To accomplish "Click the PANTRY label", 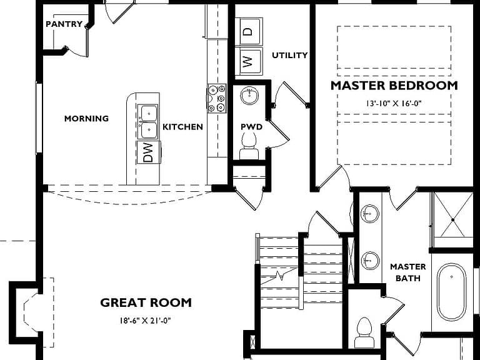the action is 64,24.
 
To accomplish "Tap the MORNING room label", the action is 86,119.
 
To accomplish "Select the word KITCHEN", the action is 182,127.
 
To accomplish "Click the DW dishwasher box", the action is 149,152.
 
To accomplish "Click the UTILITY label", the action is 289,56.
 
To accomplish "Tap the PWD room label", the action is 251,127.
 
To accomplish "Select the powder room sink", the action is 250,96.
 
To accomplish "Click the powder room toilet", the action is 249,146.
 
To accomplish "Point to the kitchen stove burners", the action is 217,99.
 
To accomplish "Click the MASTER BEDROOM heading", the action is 394,86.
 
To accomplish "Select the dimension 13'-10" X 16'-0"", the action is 394,104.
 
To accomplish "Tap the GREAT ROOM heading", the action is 146,302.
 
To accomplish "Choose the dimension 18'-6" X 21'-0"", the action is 145,321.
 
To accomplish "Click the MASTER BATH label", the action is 407,272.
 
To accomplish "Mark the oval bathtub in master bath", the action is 451,292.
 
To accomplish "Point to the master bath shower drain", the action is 452,220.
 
